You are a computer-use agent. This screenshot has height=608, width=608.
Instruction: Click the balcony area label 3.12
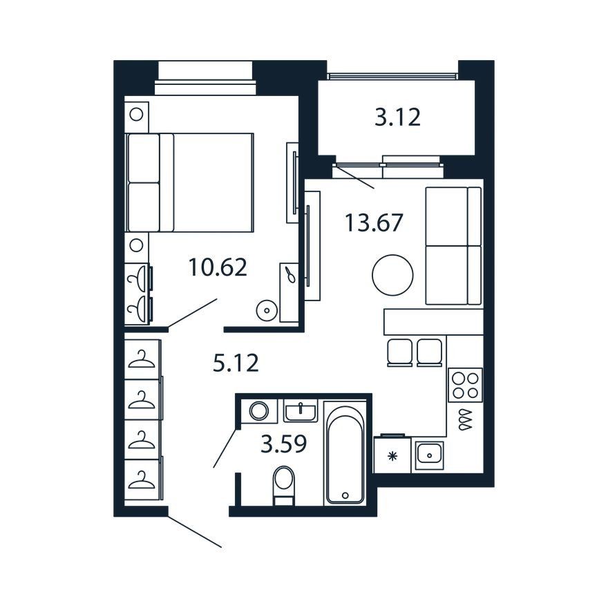[397, 117]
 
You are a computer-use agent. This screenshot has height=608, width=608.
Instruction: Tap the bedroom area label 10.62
[218, 267]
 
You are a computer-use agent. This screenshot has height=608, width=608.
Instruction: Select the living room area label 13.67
[374, 223]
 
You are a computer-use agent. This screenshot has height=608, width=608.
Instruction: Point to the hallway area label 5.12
[236, 363]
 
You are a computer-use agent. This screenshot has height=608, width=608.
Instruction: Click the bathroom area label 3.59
[284, 444]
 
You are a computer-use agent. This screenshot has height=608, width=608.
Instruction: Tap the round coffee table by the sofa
[392, 275]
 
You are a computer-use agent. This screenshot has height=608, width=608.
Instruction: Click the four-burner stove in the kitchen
[465, 385]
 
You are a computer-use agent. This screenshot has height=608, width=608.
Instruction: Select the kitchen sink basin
[429, 455]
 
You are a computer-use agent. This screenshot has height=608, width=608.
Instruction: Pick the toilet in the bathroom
[283, 486]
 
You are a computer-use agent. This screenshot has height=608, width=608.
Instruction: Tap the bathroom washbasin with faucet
[301, 411]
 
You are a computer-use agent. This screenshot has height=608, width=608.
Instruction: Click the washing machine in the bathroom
[259, 410]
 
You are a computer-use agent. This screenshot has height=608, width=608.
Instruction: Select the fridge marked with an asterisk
[392, 455]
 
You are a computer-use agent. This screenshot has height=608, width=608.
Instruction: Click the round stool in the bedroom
[267, 310]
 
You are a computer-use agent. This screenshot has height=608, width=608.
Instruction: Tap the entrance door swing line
[195, 531]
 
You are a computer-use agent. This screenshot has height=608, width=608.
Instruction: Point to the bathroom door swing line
[225, 448]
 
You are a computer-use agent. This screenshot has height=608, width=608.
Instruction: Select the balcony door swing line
[355, 177]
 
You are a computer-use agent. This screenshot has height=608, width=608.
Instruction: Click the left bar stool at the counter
[399, 352]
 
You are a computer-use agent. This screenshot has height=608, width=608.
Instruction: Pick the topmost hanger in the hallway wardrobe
[142, 359]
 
